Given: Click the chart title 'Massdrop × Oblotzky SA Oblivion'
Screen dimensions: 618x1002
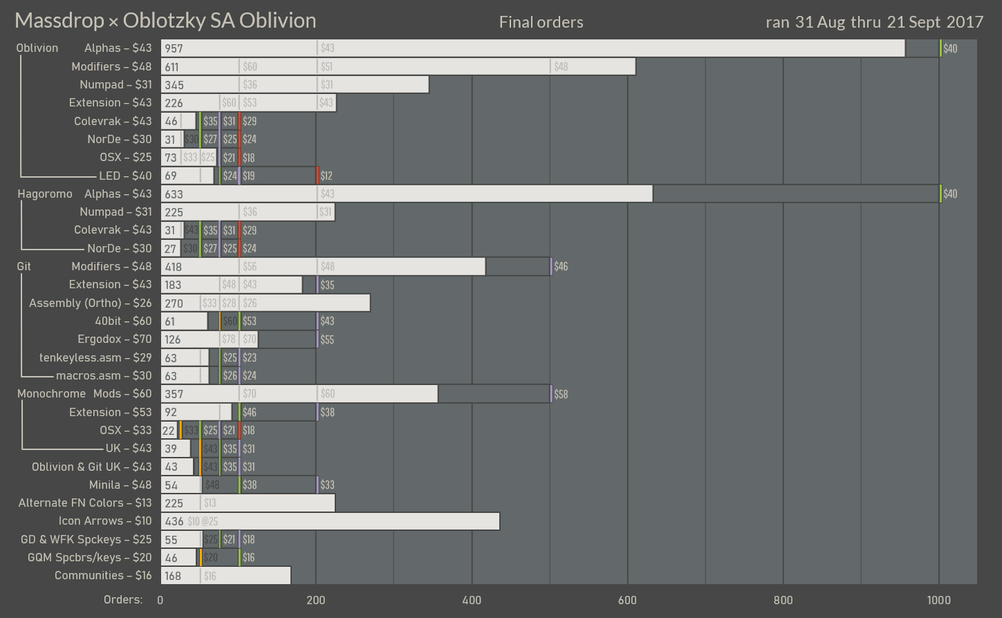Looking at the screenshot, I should tap(165, 21).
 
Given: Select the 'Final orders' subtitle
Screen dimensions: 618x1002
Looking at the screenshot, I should tap(541, 22).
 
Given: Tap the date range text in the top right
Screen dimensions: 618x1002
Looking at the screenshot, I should tap(874, 22).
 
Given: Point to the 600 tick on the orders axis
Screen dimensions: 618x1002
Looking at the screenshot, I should tap(627, 600).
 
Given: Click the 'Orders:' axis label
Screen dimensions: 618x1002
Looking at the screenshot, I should tap(123, 599).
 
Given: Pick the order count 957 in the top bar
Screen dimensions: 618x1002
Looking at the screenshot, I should tap(174, 48).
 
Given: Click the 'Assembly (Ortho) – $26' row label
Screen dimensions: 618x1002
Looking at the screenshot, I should tap(90, 303).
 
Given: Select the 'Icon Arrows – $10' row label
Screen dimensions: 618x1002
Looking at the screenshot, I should tap(104, 521).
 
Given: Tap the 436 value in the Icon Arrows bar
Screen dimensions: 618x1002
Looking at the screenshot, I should tap(174, 521).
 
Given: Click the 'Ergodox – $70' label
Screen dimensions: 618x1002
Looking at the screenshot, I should tap(114, 339).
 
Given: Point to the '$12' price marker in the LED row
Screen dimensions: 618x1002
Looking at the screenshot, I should tap(326, 176).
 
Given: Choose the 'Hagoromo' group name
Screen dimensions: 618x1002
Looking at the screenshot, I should tap(44, 194).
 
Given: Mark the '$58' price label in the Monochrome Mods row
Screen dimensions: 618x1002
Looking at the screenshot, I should tap(561, 394).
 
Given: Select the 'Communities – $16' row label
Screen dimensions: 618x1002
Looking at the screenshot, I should tap(103, 575).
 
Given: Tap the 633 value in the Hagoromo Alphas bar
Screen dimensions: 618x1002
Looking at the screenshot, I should tap(174, 194).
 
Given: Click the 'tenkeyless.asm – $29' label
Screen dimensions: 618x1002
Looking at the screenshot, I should tap(95, 357).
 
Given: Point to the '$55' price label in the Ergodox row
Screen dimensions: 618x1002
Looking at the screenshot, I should tap(327, 339).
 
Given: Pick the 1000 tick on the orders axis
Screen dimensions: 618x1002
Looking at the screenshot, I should tap(938, 600).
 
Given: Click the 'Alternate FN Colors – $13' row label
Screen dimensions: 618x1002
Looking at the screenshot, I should tap(85, 503).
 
